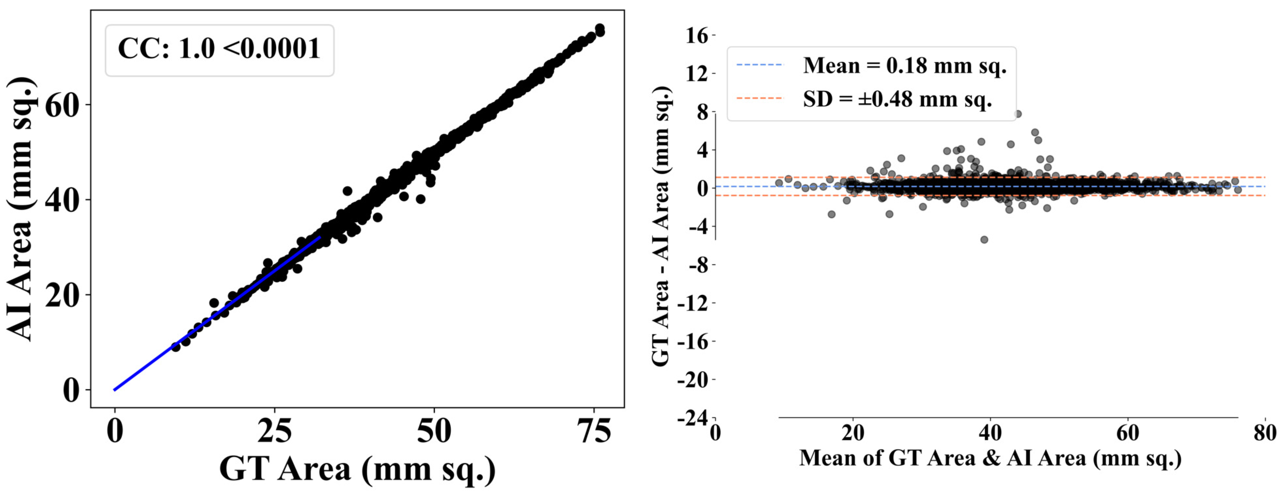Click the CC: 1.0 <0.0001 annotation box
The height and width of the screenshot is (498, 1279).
click(x=219, y=50)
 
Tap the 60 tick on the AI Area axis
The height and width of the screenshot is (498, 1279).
click(x=62, y=105)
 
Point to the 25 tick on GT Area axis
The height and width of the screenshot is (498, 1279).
click(x=274, y=431)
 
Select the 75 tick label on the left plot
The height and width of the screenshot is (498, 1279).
click(x=594, y=431)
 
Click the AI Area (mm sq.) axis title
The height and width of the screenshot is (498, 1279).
click(x=20, y=208)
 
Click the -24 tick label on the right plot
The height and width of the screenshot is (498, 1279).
click(x=693, y=419)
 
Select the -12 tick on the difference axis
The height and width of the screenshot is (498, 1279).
click(x=693, y=303)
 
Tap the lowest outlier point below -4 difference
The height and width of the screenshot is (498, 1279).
click(x=984, y=240)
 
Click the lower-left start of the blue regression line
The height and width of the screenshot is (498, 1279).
click(x=115, y=390)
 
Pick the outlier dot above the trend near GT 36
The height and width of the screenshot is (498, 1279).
click(x=347, y=191)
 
